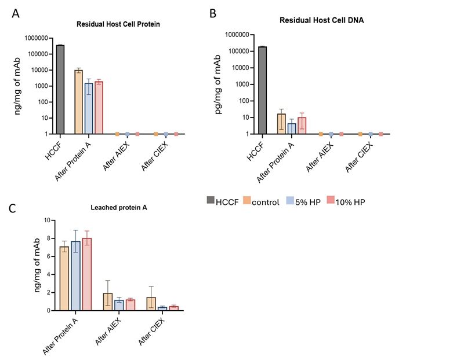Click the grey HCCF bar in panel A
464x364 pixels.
(60, 89)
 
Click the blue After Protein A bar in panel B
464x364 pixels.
(292, 128)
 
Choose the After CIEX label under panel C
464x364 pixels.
(150, 334)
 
